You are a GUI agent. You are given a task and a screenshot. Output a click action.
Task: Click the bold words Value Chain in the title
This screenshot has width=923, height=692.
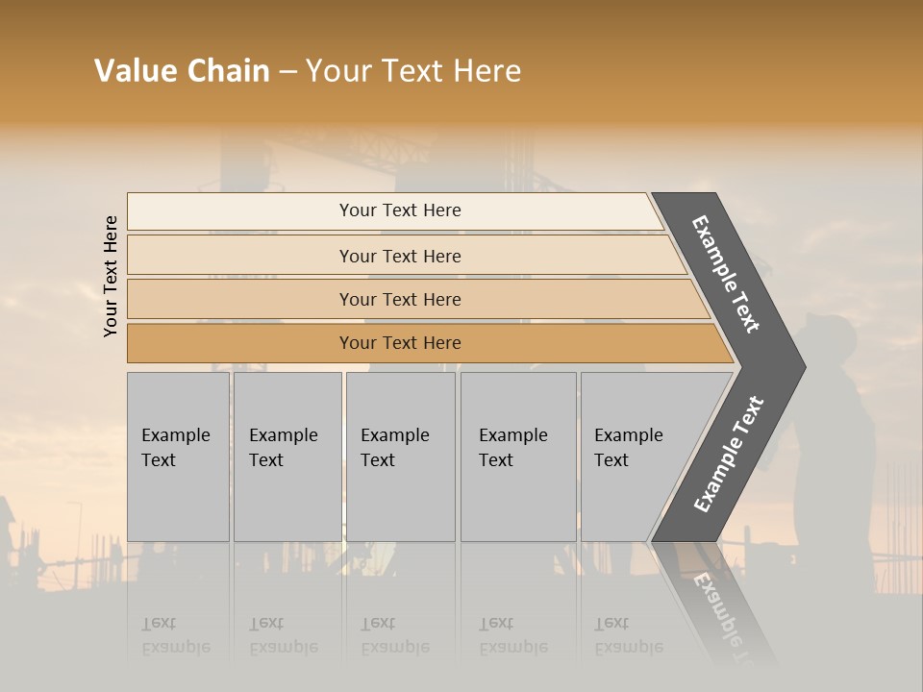click(x=182, y=71)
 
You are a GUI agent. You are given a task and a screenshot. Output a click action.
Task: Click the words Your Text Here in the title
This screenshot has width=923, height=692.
click(x=413, y=71)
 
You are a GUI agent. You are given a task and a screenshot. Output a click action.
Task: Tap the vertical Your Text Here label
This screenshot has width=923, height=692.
click(x=111, y=276)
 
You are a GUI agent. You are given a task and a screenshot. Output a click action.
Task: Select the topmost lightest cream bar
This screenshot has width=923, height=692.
click(x=399, y=210)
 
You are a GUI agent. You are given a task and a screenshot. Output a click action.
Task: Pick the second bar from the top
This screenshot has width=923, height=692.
click(x=399, y=256)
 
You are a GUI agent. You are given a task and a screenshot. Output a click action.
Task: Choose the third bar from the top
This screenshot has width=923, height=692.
click(x=399, y=299)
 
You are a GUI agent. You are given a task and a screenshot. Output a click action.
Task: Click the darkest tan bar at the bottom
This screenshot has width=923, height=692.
click(x=399, y=343)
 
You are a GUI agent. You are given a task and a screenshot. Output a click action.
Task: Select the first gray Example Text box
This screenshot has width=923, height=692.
click(x=178, y=457)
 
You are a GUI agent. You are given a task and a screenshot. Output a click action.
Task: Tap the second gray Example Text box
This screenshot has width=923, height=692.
click(x=287, y=457)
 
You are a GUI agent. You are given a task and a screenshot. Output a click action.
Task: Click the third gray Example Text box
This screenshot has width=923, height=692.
click(x=399, y=457)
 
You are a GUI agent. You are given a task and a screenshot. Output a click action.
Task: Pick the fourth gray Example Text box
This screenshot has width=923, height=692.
click(x=517, y=457)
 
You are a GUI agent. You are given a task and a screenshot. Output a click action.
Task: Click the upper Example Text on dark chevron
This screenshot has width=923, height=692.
click(x=726, y=274)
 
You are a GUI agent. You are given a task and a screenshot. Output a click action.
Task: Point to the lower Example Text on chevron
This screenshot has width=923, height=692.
click(x=729, y=455)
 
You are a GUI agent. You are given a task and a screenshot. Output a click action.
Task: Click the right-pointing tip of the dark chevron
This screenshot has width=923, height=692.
click(x=800, y=366)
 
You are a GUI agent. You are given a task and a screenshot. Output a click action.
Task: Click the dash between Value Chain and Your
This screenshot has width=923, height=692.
click(x=287, y=72)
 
